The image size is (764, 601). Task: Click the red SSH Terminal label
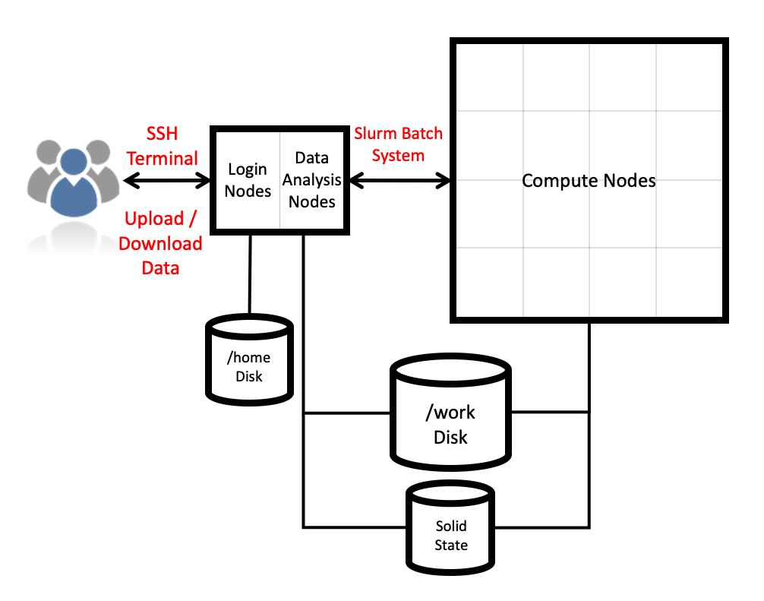pyautogui.click(x=162, y=146)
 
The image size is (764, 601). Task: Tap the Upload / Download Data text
pyautogui.click(x=160, y=243)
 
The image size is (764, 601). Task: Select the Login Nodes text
pyautogui.click(x=248, y=179)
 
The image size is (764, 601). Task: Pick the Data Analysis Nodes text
pyautogui.click(x=311, y=179)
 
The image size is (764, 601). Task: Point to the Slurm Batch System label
pyautogui.click(x=398, y=144)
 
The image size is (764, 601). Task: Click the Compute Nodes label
pyautogui.click(x=589, y=181)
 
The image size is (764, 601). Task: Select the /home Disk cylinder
pyautogui.click(x=249, y=358)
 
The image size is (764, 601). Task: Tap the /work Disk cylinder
pyautogui.click(x=450, y=413)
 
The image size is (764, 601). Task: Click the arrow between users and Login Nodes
pyautogui.click(x=167, y=180)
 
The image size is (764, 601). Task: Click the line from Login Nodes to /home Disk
pyautogui.click(x=249, y=273)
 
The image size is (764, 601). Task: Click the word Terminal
pyautogui.click(x=162, y=158)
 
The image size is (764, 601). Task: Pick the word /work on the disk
pyautogui.click(x=450, y=413)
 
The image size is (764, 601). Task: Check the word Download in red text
pyautogui.click(x=160, y=244)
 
